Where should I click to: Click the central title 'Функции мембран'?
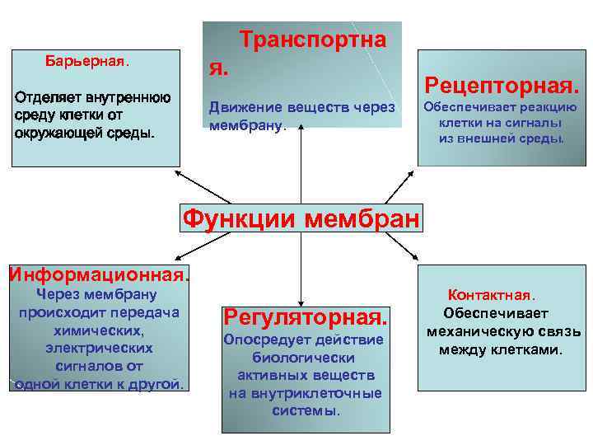click(301, 220)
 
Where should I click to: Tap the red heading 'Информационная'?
click(97, 273)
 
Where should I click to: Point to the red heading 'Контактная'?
click(490, 294)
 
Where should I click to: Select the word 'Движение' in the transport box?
click(241, 107)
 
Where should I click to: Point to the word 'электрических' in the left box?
click(98, 348)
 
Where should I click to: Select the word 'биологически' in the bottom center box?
click(304, 358)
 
